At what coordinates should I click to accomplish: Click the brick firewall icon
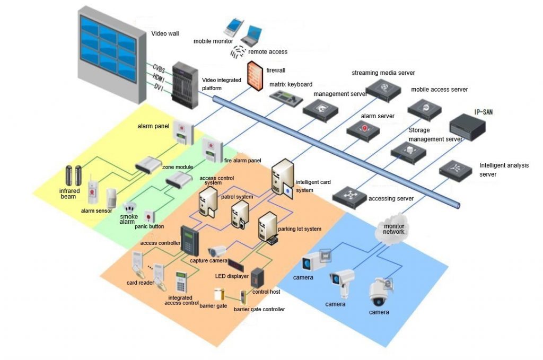(256, 76)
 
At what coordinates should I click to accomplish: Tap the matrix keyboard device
(285, 98)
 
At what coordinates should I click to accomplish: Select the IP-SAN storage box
(468, 127)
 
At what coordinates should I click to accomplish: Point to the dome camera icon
(380, 292)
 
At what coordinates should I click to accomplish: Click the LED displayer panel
(235, 262)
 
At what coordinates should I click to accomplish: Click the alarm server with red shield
(363, 129)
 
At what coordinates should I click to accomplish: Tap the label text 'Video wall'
(165, 33)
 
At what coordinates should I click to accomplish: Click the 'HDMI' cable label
(159, 77)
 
